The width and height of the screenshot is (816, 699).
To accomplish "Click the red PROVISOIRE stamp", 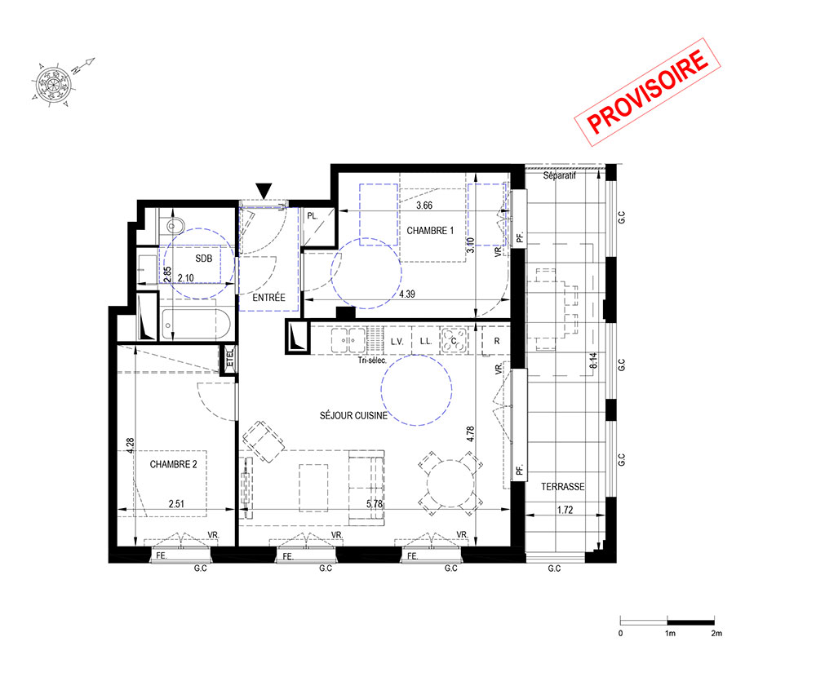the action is [647, 92].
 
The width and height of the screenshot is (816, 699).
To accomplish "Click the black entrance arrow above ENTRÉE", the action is [264, 191].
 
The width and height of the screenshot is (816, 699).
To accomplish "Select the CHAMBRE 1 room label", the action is [430, 230].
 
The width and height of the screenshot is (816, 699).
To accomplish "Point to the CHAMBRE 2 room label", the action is [173, 464].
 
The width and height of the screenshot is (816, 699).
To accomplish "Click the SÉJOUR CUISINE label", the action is [353, 415].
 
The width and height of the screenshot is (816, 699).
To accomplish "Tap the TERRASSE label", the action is [562, 487].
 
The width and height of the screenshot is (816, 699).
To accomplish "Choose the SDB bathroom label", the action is [203, 259].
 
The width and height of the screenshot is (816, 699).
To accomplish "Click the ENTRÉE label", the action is [268, 298].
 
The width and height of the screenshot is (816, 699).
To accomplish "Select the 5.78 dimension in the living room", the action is [375, 504].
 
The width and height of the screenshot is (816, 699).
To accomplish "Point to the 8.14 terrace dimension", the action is [593, 361].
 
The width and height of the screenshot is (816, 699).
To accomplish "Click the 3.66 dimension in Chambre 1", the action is [424, 206].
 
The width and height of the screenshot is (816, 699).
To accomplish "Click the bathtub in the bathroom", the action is [195, 325].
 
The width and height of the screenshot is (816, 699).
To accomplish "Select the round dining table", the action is [450, 484].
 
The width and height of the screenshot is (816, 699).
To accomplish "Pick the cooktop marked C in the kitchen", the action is [454, 341].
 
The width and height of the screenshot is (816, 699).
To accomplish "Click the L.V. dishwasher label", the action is [397, 342].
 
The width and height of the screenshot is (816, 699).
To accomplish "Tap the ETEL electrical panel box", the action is [229, 358].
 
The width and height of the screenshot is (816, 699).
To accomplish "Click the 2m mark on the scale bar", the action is [716, 634].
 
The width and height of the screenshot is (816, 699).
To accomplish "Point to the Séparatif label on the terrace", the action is [560, 176].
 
